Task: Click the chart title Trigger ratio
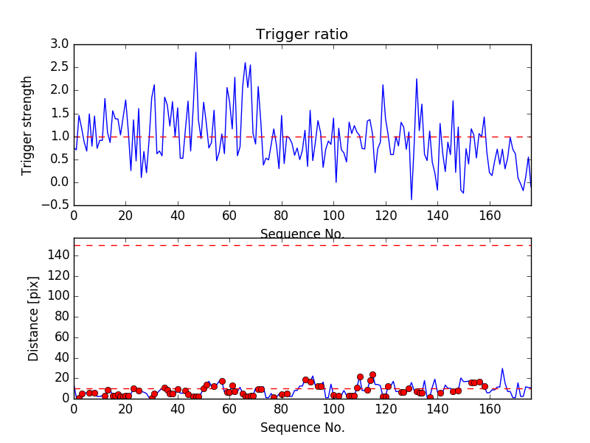pyautogui.click(x=302, y=35)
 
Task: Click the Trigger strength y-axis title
pyautogui.click(x=27, y=125)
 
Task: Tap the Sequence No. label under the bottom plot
pyautogui.click(x=302, y=427)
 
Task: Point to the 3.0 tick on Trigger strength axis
pyautogui.click(x=60, y=44)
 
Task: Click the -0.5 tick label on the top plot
pyautogui.click(x=57, y=205)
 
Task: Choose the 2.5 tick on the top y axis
pyautogui.click(x=60, y=67)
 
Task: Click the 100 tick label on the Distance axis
pyautogui.click(x=58, y=296)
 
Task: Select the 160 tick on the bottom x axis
pyautogui.click(x=489, y=408)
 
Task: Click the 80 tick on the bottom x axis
pyautogui.click(x=281, y=408)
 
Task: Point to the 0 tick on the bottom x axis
pyautogui.click(x=74, y=408)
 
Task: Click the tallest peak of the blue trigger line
pyautogui.click(x=195, y=52)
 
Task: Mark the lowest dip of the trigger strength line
pyautogui.click(x=412, y=199)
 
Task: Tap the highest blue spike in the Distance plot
pyautogui.click(x=502, y=368)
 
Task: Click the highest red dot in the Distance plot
pyautogui.click(x=372, y=375)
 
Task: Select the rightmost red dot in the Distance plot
pyautogui.click(x=485, y=386)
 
